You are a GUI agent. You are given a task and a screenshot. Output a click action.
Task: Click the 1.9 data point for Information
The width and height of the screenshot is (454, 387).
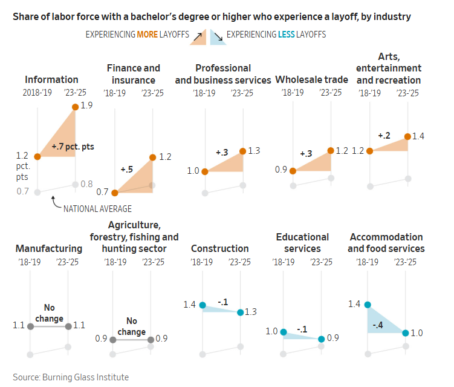[x=75, y=107]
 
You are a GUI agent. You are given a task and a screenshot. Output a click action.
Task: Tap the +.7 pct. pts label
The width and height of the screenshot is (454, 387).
[x=73, y=147]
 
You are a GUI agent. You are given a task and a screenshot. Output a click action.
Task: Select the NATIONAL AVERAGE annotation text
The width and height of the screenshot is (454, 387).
[x=97, y=209]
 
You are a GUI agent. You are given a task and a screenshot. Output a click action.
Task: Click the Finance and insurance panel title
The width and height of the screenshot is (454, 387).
[x=133, y=74]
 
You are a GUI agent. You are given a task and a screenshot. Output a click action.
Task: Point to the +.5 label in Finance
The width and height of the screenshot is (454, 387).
[x=126, y=169]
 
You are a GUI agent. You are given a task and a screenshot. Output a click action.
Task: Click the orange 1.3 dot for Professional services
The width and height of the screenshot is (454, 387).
[x=242, y=151]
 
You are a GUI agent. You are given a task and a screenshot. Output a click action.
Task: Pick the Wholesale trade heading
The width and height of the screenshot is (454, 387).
[x=311, y=79]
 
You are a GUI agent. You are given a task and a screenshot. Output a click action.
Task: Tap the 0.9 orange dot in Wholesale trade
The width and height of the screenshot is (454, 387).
[x=293, y=171]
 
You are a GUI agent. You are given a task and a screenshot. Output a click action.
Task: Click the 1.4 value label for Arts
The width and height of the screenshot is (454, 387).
[x=418, y=136]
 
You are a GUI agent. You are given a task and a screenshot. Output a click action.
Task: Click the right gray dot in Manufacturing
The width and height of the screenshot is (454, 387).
[x=68, y=326]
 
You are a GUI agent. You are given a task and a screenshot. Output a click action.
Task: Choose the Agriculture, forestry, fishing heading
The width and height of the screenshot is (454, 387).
[x=134, y=237]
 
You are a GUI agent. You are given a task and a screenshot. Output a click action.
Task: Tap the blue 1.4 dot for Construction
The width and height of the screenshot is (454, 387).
[x=203, y=305]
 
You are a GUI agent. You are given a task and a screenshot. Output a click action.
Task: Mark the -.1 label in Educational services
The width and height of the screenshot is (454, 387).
[x=303, y=330]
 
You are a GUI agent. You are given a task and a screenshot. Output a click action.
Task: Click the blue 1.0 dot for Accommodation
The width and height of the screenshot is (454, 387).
[x=406, y=332]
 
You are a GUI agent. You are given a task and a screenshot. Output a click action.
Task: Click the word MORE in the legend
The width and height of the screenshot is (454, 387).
[x=148, y=35]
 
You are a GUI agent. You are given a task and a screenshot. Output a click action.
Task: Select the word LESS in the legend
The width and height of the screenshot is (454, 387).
[x=287, y=35]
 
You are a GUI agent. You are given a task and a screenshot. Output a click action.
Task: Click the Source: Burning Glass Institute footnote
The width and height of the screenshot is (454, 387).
[x=71, y=377]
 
